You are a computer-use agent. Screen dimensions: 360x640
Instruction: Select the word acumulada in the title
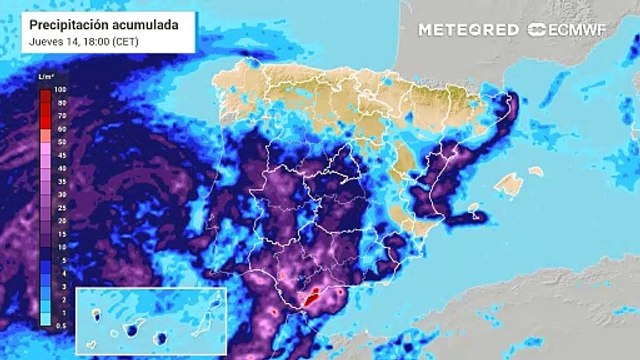tap(145, 23)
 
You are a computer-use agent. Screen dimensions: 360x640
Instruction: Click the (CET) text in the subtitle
tap(127, 41)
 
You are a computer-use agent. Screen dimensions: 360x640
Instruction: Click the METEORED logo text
tap(468, 30)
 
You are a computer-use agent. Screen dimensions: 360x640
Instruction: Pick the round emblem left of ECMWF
tap(537, 30)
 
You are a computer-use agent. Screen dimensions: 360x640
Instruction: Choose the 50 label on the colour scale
tap(60, 143)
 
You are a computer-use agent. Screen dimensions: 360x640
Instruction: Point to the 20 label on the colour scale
tap(60, 220)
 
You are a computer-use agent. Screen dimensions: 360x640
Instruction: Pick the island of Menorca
tap(537, 171)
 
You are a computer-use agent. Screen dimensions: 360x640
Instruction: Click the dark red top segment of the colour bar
tap(46, 93)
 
